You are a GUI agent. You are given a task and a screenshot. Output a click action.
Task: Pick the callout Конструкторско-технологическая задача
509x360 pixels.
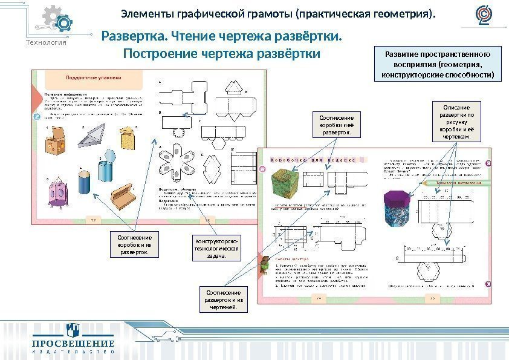point(216,246)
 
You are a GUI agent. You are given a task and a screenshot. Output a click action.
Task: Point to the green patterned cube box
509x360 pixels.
point(285,183)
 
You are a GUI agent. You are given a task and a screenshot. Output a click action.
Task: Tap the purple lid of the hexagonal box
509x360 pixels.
point(399,197)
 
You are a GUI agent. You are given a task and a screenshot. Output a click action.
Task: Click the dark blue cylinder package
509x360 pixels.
point(84,181)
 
